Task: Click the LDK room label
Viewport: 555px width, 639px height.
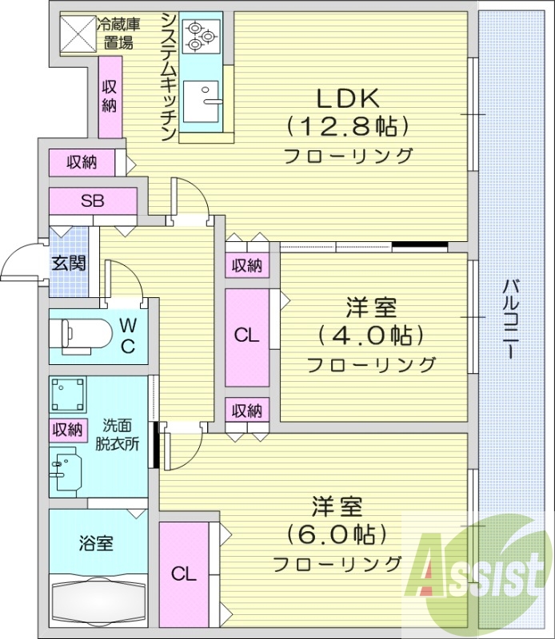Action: point(347,99)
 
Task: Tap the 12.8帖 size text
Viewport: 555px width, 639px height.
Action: point(347,126)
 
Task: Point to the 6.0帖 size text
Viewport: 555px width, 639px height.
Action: point(336,533)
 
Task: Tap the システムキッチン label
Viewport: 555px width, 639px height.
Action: point(167,77)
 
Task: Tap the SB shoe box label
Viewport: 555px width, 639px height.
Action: point(92,200)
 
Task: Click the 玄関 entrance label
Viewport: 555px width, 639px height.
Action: point(69,263)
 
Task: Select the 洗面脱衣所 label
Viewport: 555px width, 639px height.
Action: point(121,434)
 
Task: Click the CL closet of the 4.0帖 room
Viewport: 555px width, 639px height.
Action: point(247,336)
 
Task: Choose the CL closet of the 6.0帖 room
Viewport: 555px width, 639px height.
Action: point(184,574)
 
